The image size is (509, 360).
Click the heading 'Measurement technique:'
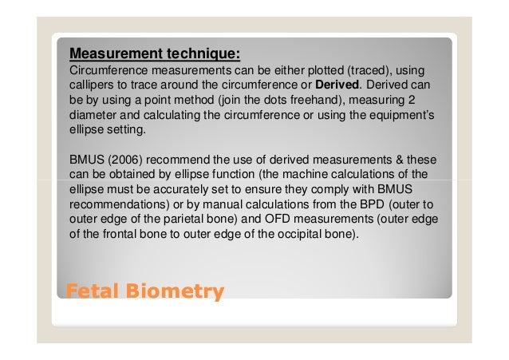tap(155, 54)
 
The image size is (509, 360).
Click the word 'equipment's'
tap(402, 115)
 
